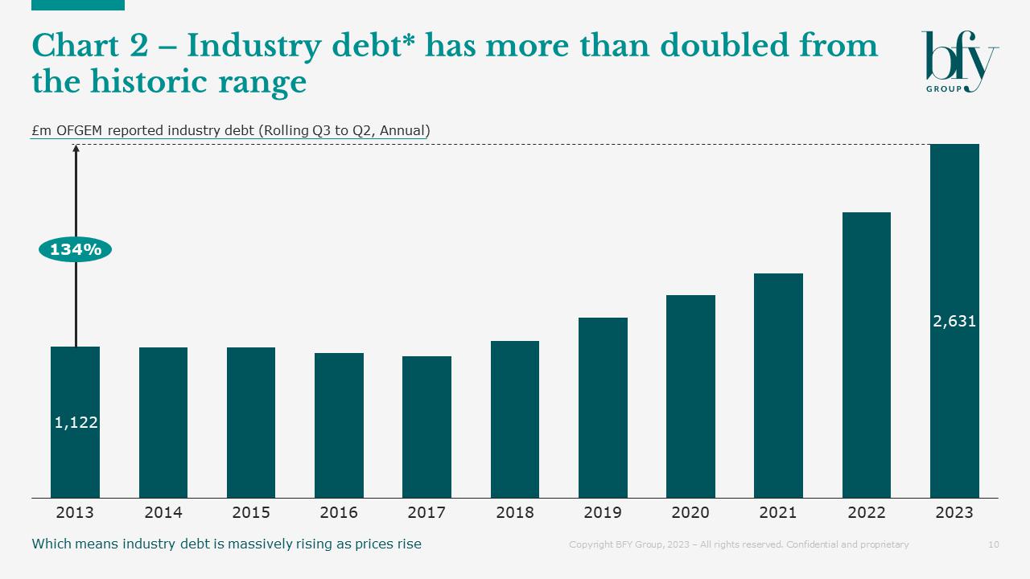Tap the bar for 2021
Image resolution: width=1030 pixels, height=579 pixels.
(778, 385)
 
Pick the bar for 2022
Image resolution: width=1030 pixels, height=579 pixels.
(866, 355)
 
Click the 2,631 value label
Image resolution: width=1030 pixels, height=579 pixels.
(954, 322)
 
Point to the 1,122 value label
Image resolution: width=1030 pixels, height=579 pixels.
(76, 422)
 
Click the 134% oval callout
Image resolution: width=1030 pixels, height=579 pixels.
(76, 250)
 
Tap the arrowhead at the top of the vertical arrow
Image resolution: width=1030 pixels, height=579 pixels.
(76, 148)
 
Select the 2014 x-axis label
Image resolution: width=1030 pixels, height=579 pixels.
(163, 512)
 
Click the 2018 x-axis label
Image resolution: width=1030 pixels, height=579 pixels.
(515, 512)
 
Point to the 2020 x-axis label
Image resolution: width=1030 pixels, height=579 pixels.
(690, 512)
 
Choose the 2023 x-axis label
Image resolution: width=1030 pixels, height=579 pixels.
(954, 512)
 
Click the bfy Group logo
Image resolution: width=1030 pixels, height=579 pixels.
(959, 61)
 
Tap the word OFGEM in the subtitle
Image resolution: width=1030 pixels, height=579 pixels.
(80, 130)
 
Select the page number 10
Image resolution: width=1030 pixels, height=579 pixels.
(993, 544)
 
